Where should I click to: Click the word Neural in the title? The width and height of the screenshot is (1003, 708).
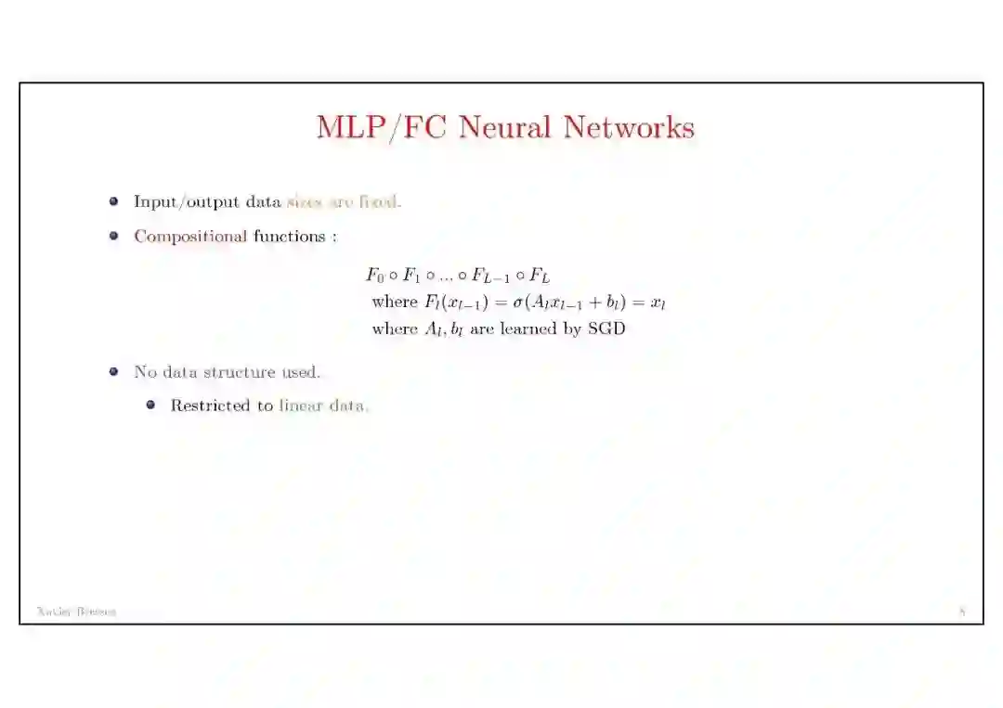505,127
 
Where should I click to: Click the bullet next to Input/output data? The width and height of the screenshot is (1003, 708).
113,201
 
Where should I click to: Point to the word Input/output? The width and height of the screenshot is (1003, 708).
188,202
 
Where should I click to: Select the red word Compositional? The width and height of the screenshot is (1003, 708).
190,237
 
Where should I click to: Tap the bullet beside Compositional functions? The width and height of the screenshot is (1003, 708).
113,236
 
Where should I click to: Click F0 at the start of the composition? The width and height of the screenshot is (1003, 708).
375,276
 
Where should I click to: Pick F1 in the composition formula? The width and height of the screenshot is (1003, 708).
411,276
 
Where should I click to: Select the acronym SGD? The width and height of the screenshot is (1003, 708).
606,328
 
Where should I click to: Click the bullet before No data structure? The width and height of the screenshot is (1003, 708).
113,371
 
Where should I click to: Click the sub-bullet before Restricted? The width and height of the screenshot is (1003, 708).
150,405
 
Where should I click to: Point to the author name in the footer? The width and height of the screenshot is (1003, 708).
76,611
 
